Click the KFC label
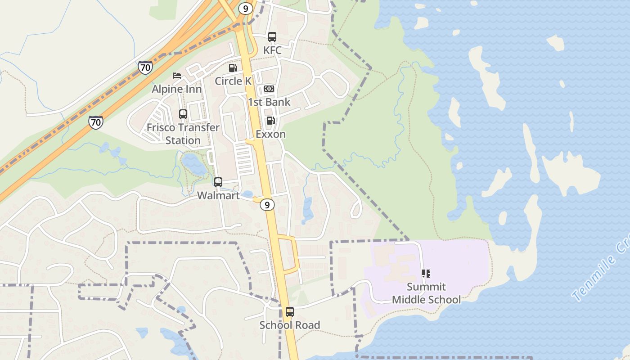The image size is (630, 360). tap(272, 50)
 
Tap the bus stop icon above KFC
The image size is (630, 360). tap(272, 37)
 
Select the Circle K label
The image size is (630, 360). tap(233, 81)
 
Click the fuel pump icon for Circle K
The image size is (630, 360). tap(233, 68)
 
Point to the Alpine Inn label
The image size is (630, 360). tap(176, 89)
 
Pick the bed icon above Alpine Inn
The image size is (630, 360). tap(177, 76)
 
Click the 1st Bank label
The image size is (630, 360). tap(269, 102)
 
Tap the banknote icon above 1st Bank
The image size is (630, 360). tap(269, 89)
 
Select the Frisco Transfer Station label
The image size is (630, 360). tap(183, 134)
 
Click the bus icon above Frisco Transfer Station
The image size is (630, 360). tap(183, 114)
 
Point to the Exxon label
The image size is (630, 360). tap(270, 134)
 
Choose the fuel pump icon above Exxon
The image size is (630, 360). tap(270, 121)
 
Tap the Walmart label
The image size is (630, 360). tap(218, 196)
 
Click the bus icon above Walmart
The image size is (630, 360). tap(218, 182)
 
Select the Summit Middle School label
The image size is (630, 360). tap(426, 293)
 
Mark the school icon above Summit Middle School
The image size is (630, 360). tap(426, 273)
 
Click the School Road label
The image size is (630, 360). tap(290, 325)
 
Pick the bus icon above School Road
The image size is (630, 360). tap(290, 311)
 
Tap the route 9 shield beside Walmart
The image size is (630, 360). tap(267, 205)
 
